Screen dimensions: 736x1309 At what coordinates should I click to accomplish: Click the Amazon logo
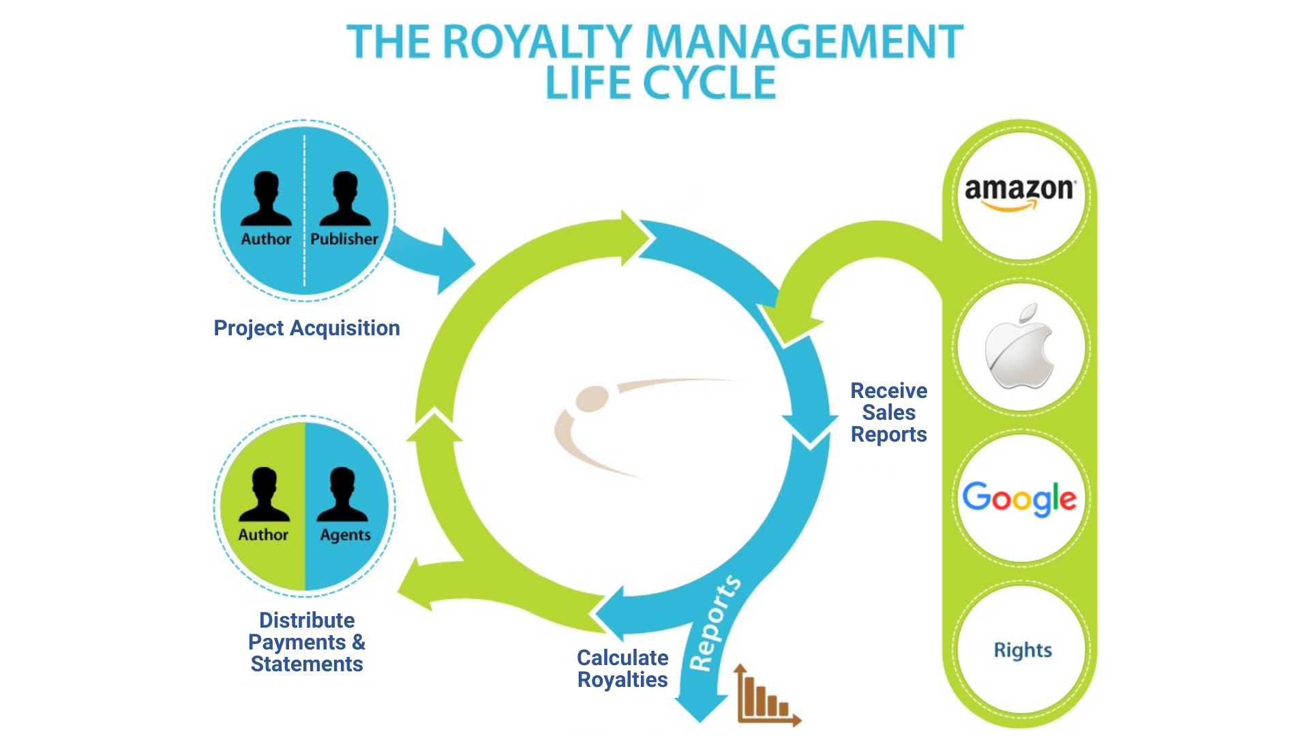1020,193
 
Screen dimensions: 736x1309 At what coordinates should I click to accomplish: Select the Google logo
1020,498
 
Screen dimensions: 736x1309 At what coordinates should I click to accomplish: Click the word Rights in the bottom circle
1023,650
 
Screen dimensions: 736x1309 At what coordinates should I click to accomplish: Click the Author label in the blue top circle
266,239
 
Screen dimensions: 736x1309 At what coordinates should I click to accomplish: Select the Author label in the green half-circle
263,535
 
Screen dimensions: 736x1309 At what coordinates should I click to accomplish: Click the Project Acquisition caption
307,328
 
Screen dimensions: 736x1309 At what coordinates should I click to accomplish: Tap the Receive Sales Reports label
888,412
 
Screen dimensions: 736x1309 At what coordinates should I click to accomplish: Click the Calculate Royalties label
622,669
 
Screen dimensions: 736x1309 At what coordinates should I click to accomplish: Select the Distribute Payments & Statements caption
307,642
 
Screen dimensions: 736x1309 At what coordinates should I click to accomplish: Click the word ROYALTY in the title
539,42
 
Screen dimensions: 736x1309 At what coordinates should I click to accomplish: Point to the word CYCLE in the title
709,84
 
